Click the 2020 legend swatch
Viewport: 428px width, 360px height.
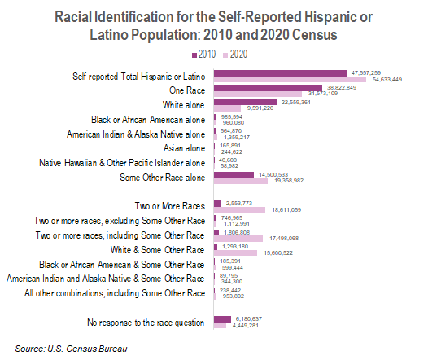[225, 55]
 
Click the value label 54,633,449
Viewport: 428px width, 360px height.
[390, 80]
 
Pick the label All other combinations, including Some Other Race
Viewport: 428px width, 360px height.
[116, 293]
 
